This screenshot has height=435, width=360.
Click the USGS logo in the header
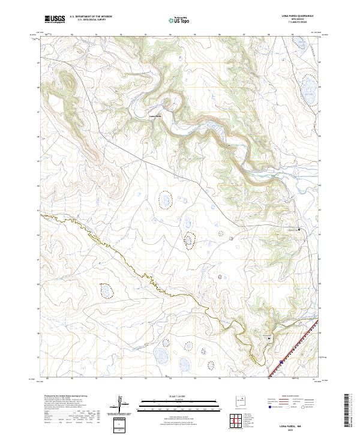tap(55, 19)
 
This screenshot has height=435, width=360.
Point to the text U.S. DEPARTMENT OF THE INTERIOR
tap(90, 17)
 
